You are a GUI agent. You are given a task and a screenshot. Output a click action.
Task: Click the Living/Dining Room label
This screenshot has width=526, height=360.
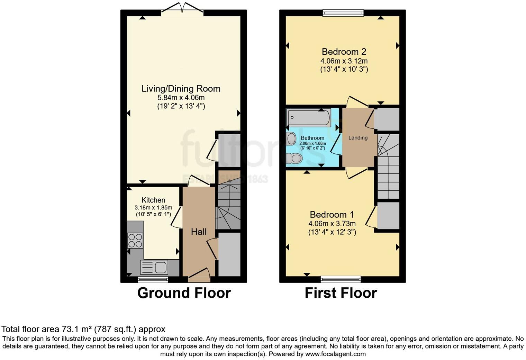point(181,89)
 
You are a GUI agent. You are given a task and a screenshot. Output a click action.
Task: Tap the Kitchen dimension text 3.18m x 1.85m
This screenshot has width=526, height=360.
point(153,208)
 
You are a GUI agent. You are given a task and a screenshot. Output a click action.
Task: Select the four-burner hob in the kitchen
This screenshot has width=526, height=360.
point(135,241)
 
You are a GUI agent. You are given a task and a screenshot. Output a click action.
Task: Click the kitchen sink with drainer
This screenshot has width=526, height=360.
point(154,267)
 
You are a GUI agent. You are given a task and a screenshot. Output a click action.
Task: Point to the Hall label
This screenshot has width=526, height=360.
point(199,232)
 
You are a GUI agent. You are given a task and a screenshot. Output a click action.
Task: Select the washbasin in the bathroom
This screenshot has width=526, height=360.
point(291,139)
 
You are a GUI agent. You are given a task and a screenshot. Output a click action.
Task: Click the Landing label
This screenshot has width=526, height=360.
point(358,138)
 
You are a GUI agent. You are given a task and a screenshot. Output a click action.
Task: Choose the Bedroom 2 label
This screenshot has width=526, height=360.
point(344,52)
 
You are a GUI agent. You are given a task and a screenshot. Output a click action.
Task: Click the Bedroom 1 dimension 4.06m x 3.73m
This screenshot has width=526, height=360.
point(332,224)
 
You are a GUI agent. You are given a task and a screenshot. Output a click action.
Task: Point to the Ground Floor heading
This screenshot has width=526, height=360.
point(184,293)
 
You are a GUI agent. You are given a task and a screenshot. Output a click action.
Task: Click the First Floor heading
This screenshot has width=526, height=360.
point(341,293)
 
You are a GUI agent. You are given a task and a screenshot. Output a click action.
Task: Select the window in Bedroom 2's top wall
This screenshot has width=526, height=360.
point(343,13)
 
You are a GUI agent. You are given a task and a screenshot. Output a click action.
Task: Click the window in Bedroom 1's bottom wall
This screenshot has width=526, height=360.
point(341,279)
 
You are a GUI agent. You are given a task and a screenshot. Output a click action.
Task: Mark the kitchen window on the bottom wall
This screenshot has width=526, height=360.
point(153,279)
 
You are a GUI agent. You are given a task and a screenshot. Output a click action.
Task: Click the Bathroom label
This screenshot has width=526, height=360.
point(312,138)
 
